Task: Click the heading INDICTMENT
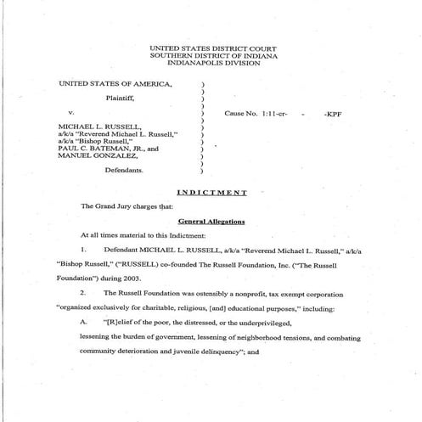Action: pyautogui.click(x=211, y=192)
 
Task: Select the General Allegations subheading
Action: pyautogui.click(x=211, y=221)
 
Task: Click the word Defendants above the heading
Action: pyautogui.click(x=124, y=170)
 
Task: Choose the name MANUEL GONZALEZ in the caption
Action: pyautogui.click(x=97, y=155)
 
